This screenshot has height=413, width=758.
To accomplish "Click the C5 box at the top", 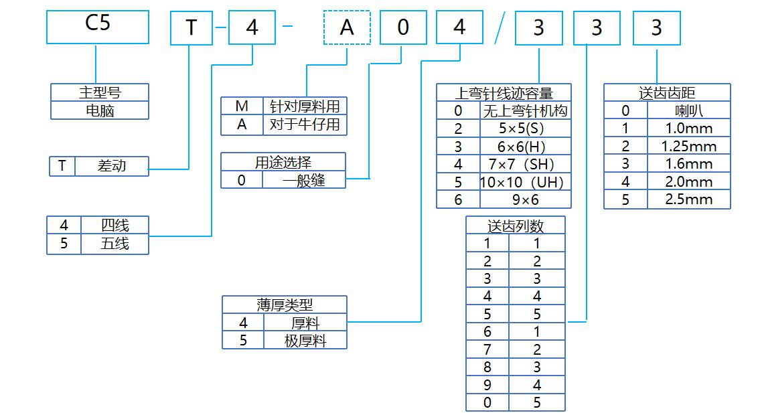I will [x=97, y=27].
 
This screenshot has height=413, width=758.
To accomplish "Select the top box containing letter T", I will [x=191, y=28].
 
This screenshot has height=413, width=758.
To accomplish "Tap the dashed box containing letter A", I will [x=346, y=28].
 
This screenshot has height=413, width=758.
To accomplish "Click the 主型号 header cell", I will [x=100, y=92].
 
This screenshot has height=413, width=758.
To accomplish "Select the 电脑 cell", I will [x=100, y=110].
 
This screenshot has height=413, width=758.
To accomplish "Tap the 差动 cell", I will [x=111, y=166].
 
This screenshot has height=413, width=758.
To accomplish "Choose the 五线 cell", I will [x=115, y=244].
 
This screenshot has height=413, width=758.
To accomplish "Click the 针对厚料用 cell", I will [x=305, y=106].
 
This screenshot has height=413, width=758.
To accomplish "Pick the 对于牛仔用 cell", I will [x=305, y=125].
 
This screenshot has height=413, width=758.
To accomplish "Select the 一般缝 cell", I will [x=303, y=179].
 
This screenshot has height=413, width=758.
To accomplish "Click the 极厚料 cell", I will [x=305, y=340].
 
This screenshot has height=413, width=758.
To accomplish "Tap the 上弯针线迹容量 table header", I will [x=504, y=92].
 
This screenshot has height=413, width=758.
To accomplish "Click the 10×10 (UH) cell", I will [x=525, y=181].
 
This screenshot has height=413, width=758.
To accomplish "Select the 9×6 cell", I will [x=525, y=199].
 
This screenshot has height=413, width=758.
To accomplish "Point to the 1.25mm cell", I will [x=688, y=146].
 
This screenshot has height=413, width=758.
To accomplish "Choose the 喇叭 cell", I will [x=688, y=110].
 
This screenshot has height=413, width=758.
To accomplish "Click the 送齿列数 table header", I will [x=515, y=225].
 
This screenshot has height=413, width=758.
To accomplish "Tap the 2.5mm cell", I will [x=688, y=199].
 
